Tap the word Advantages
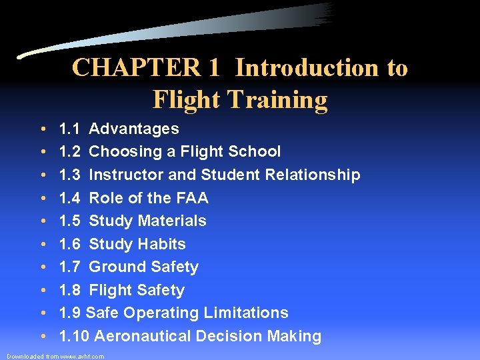[134, 129]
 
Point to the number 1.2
[70, 151]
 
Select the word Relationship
[313, 175]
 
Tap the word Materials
[173, 221]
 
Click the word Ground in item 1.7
[117, 267]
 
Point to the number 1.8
[70, 290]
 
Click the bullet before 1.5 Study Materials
[42, 221]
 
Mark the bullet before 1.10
[42, 337]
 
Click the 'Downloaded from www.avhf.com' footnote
[55, 357]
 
